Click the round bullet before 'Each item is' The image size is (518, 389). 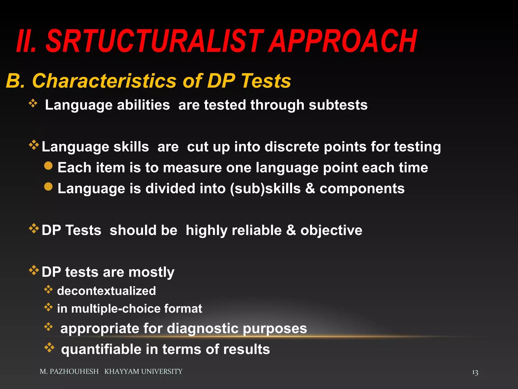[x=48, y=166]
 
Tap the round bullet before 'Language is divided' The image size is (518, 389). [x=48, y=187]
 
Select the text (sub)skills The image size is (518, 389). [x=265, y=189]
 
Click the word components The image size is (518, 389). [x=362, y=189]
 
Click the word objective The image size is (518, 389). [x=331, y=230]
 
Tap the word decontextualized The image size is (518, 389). [x=106, y=291]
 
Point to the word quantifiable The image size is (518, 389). [x=101, y=349]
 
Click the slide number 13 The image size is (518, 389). [x=475, y=372]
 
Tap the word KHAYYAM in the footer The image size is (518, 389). [x=122, y=372]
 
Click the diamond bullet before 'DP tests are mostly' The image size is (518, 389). [x=34, y=270]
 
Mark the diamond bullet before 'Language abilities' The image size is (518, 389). [x=33, y=103]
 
